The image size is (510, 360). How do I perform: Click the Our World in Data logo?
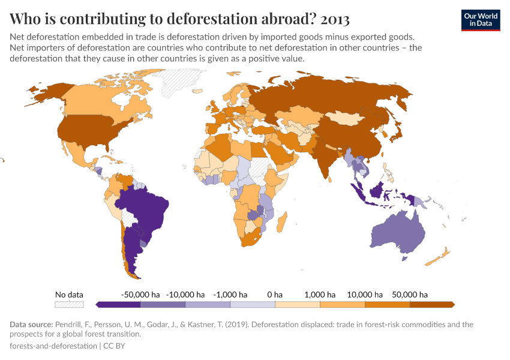481,20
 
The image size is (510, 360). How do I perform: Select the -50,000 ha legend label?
140,295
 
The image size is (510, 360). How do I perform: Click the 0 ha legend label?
274,295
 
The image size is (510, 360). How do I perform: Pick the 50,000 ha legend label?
410,295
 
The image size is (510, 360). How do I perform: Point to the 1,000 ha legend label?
319,295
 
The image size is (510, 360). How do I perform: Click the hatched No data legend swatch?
69,305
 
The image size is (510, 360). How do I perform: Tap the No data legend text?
69,295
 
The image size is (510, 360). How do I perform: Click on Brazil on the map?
147,207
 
